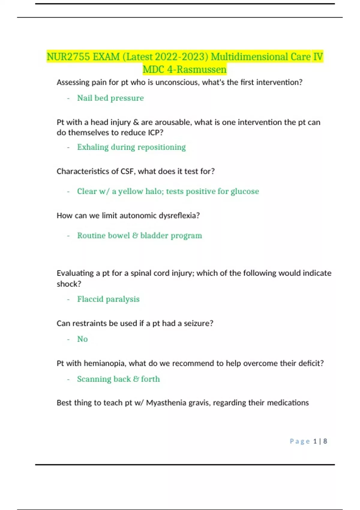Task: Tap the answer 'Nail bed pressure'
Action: (x=110, y=98)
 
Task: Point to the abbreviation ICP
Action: (x=155, y=133)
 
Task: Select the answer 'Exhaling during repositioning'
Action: (x=131, y=147)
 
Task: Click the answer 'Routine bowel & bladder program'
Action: (x=139, y=235)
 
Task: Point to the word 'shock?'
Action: (x=69, y=284)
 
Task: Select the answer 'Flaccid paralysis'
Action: (x=108, y=299)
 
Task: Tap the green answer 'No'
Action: (x=82, y=339)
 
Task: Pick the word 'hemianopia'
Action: (x=106, y=363)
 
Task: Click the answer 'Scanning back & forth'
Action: (x=118, y=379)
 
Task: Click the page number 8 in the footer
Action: (x=325, y=441)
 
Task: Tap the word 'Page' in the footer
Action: (x=300, y=441)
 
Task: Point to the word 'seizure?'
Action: (x=198, y=323)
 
